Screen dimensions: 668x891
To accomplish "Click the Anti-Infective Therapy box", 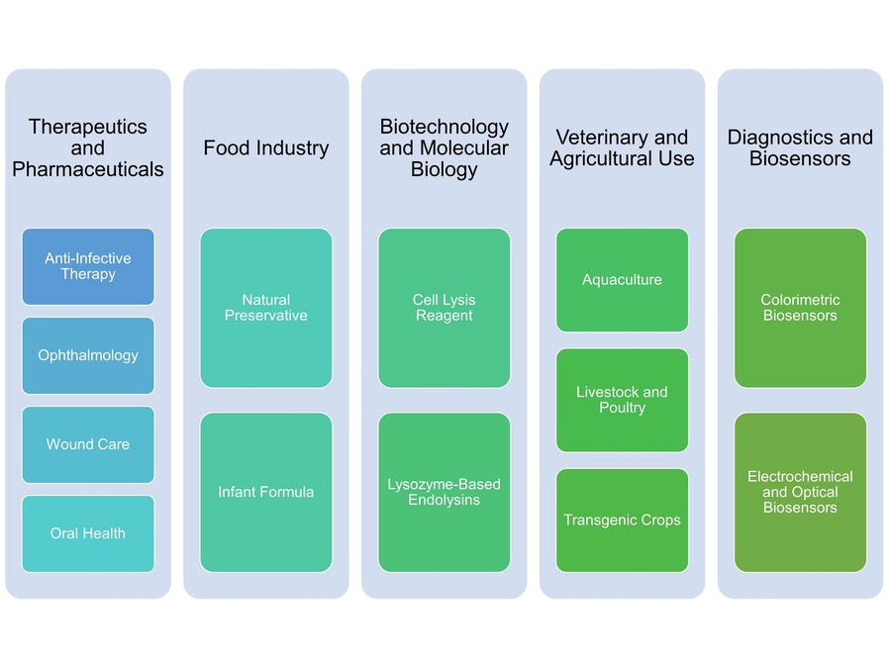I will [x=88, y=266].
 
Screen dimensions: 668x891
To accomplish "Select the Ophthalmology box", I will [x=88, y=355].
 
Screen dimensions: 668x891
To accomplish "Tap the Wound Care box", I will [x=88, y=444].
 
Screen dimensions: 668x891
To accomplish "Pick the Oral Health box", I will [x=88, y=533].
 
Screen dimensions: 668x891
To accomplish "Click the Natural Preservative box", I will [x=266, y=308].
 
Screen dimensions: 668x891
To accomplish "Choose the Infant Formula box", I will [x=266, y=492].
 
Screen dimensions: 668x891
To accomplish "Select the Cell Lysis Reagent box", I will [x=445, y=308].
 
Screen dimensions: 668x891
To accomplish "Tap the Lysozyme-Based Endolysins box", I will [x=445, y=492].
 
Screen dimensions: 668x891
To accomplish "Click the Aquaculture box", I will [x=622, y=280].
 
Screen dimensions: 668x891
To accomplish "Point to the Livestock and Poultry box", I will [x=622, y=400].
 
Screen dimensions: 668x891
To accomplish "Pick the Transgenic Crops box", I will [x=622, y=520].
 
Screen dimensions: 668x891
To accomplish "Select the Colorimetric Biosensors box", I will [x=800, y=308].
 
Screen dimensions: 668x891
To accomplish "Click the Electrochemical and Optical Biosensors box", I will [x=800, y=492].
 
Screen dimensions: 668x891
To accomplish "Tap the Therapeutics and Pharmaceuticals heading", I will [x=88, y=148].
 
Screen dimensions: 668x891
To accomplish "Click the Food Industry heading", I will [x=266, y=148].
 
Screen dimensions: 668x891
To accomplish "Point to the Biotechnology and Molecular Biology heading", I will [x=445, y=148].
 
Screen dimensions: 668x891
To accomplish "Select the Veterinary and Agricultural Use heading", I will [x=622, y=148].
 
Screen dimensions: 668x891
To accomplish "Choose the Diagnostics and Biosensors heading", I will [x=800, y=148].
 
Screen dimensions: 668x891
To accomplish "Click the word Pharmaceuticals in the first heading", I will [x=88, y=170].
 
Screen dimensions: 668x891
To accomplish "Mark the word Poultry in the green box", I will [x=622, y=408].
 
